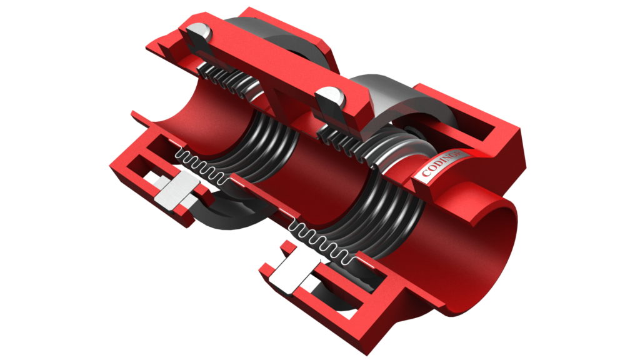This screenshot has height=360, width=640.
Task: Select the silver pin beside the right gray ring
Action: [x=331, y=102]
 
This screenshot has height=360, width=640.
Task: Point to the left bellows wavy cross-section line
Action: [x=200, y=167]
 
